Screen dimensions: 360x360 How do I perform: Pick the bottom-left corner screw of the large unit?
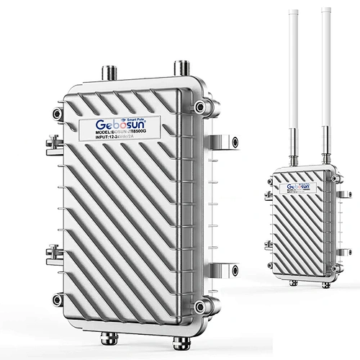[58, 298]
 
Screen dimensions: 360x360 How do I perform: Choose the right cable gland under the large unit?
[174, 338]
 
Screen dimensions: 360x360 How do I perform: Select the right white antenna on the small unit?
[326, 72]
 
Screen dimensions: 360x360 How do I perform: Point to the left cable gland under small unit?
[295, 282]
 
